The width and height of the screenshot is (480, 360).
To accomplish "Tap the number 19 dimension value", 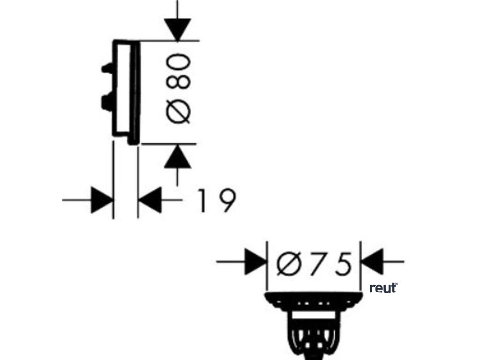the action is coord(215,201).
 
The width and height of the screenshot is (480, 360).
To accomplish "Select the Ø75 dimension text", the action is coord(314,264).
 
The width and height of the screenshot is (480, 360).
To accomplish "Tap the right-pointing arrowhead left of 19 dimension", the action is coord(102,200).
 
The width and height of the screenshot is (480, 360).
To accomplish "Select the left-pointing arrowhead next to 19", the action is coord(150,200).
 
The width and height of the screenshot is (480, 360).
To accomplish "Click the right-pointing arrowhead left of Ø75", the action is coord(255,262).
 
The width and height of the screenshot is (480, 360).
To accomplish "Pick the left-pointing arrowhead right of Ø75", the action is coord(373,262).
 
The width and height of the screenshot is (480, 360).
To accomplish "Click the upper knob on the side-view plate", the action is coord(107,68).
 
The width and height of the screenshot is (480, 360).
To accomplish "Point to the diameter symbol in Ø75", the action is coord(288,264).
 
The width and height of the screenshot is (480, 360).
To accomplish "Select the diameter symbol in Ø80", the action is coord(180,112).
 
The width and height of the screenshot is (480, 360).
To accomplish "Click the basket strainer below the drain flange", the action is coord(313,335).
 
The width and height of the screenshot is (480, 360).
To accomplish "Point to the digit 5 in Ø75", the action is coord(343,264).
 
